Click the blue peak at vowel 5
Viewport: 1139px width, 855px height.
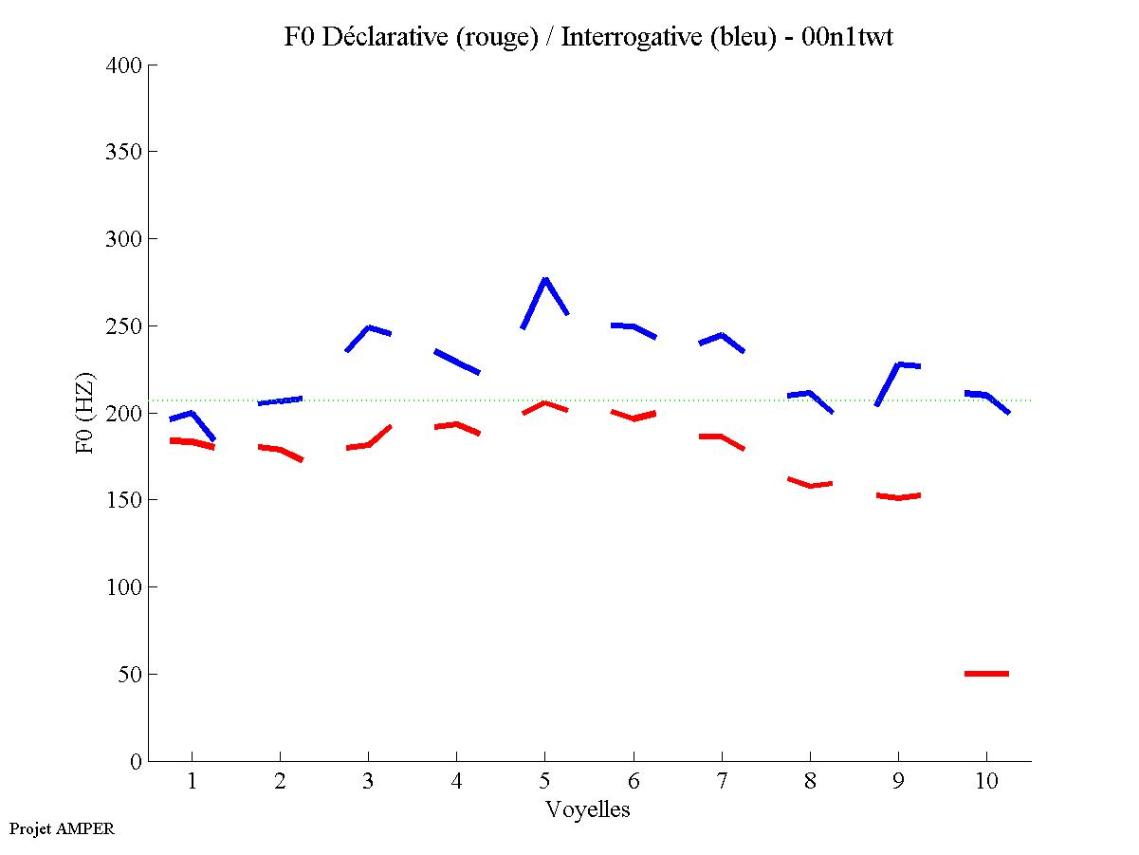click(x=545, y=280)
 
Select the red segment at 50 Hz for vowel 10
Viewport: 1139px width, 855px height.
click(x=986, y=674)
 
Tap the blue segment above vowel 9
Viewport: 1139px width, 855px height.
click(x=898, y=365)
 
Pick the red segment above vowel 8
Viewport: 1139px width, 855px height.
click(x=811, y=485)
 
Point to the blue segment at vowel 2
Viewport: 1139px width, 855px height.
click(x=280, y=400)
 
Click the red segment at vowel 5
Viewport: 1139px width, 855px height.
click(x=544, y=403)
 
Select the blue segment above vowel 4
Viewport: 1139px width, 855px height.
click(x=457, y=362)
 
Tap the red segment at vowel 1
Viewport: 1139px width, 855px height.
click(x=193, y=442)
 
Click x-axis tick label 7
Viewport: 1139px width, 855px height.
click(x=722, y=782)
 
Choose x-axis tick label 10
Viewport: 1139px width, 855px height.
click(x=986, y=782)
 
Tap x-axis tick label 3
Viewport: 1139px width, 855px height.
click(x=368, y=782)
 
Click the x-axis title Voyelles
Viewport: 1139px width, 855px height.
click(x=588, y=809)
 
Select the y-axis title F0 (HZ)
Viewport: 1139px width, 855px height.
click(x=86, y=413)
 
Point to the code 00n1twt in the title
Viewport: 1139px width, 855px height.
click(x=847, y=37)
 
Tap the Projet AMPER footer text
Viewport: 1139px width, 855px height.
click(x=62, y=828)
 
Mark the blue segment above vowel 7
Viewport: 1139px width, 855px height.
click(x=722, y=336)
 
